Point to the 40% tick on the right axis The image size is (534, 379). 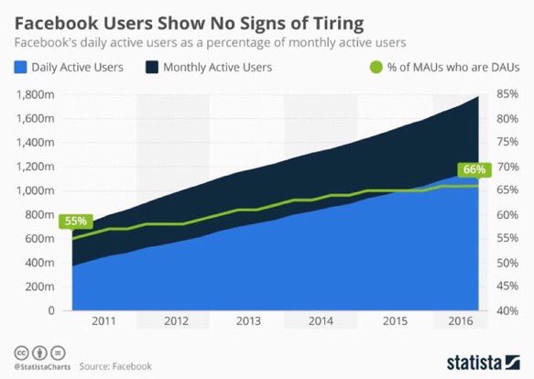pyautogui.click(x=509, y=310)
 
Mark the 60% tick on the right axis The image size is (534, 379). pyautogui.click(x=509, y=214)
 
